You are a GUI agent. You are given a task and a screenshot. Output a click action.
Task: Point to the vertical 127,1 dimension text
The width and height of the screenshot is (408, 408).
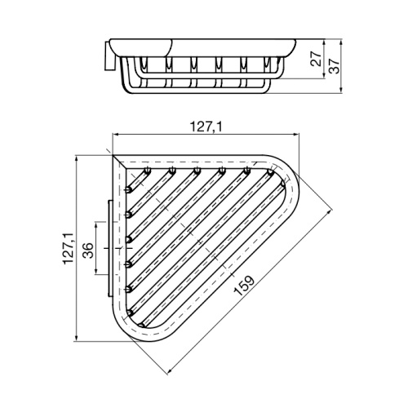pyautogui.click(x=69, y=246)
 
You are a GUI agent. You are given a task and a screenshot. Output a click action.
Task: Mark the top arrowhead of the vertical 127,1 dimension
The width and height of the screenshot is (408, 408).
pyautogui.click(x=77, y=157)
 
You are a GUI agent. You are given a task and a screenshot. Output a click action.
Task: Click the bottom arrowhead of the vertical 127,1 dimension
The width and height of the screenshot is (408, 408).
pyautogui.click(x=77, y=339)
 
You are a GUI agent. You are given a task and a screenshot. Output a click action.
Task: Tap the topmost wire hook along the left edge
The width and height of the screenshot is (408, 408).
pyautogui.click(x=129, y=191)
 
